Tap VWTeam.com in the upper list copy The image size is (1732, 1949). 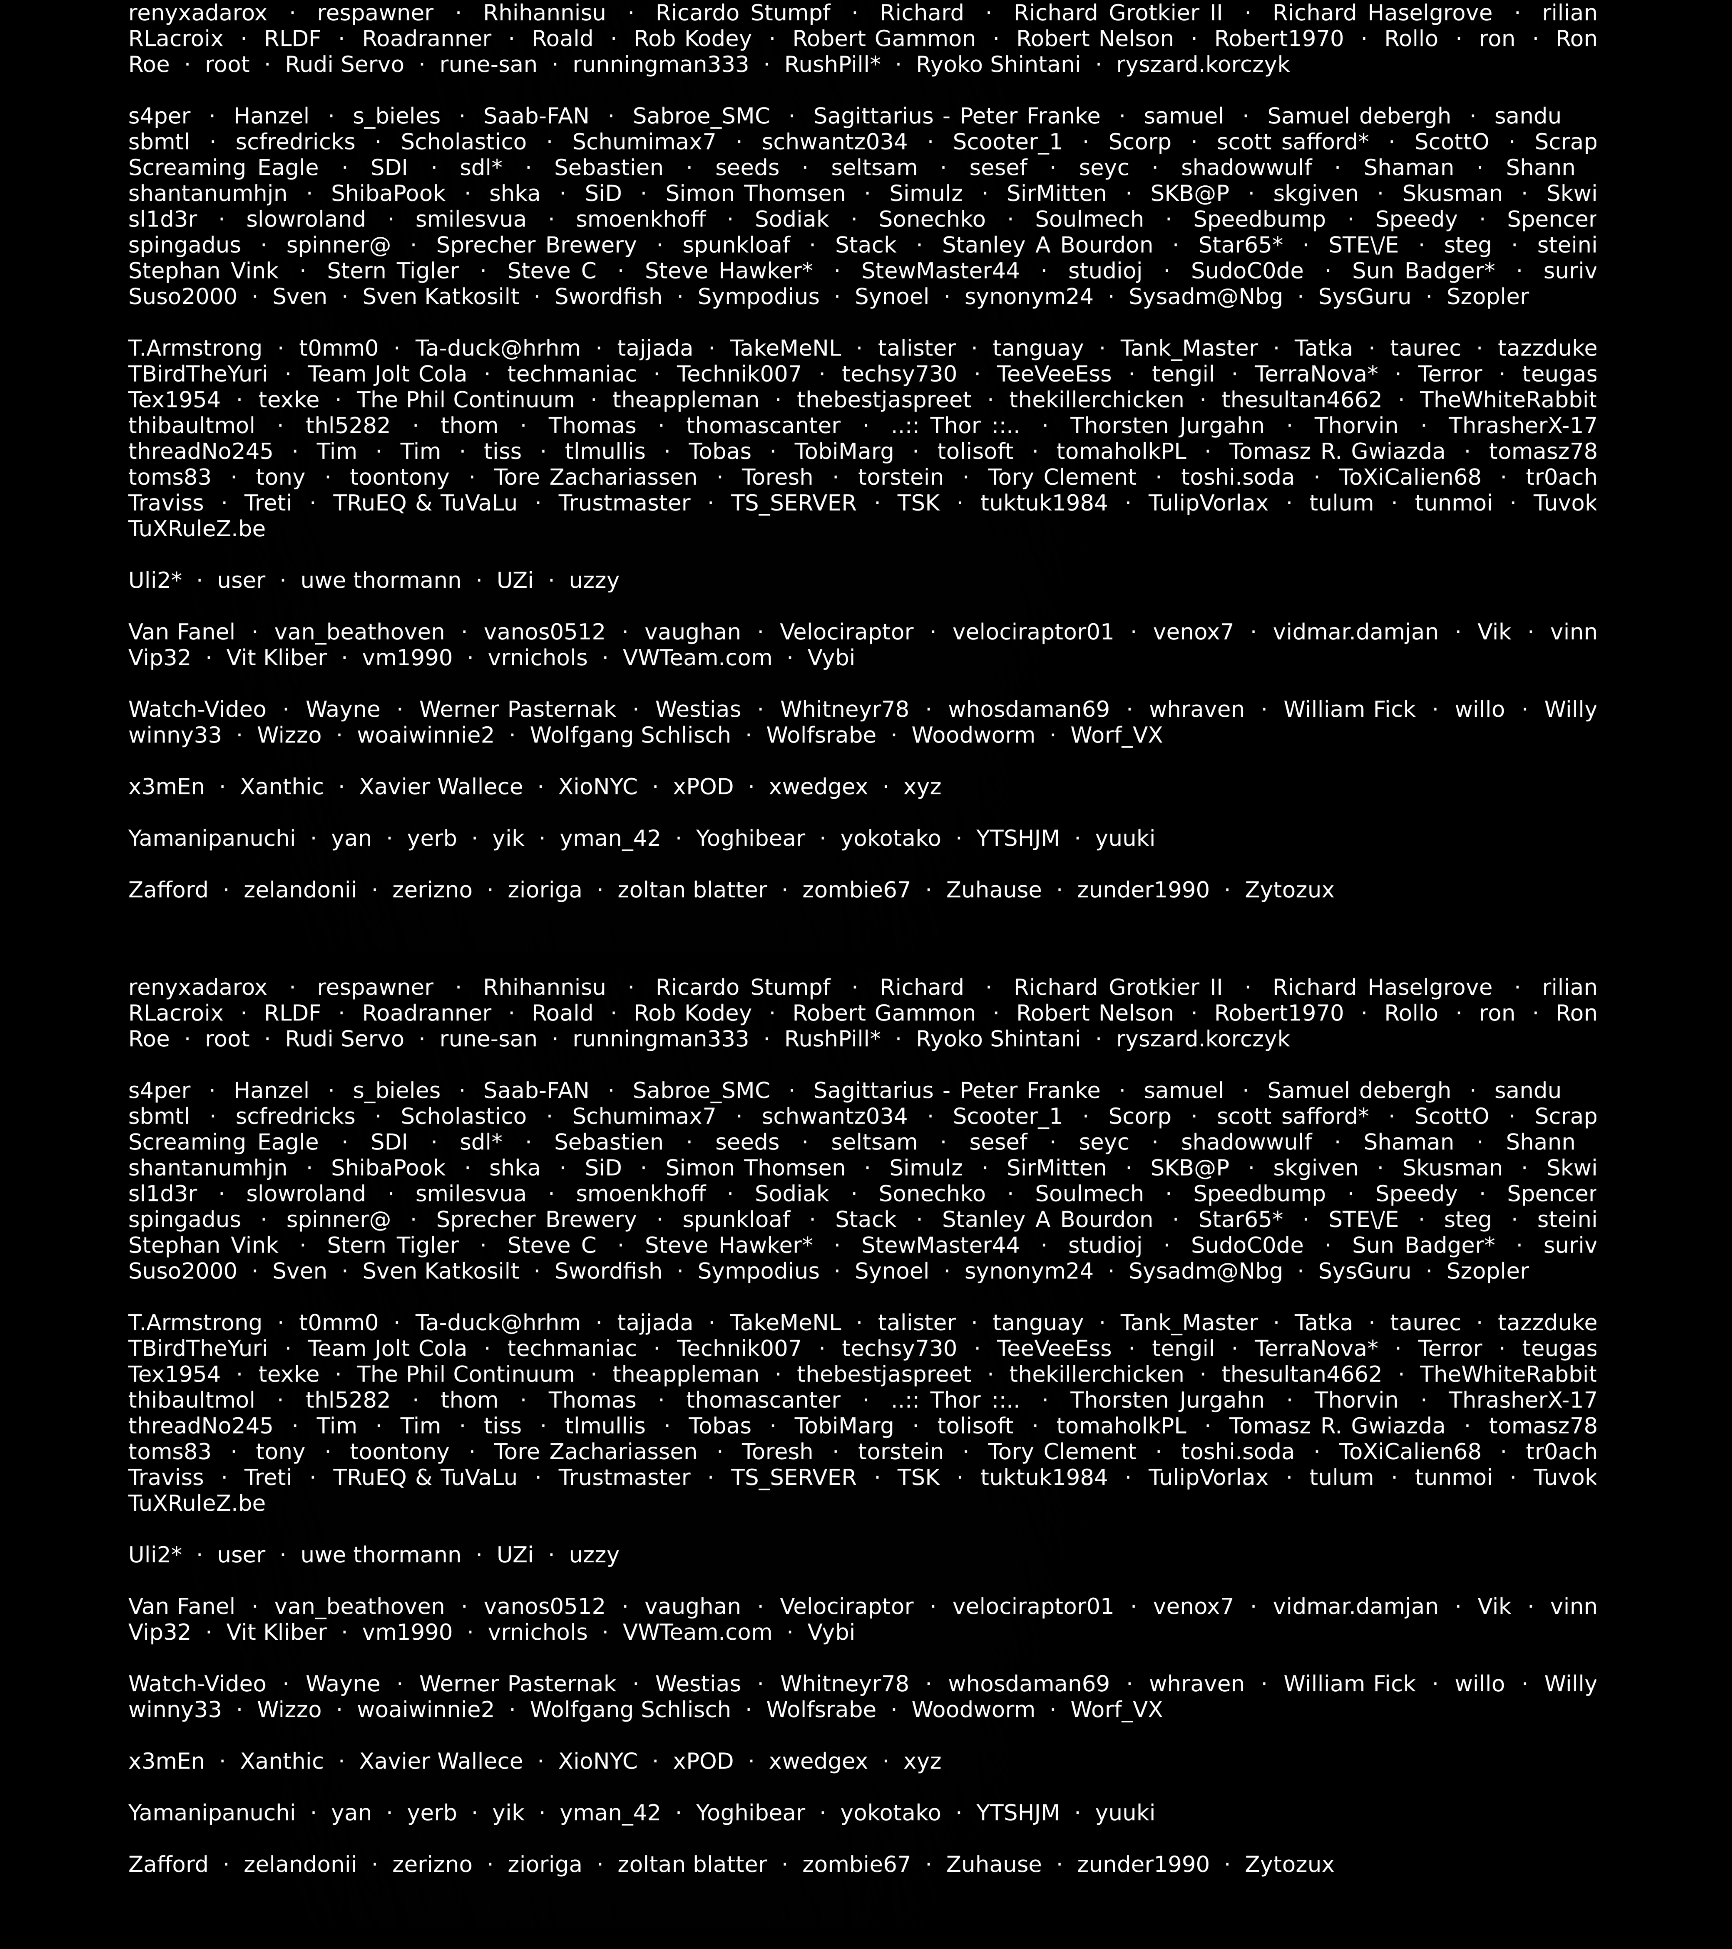point(697,659)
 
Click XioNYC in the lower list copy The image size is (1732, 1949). point(598,1762)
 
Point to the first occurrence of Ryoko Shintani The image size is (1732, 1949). point(998,66)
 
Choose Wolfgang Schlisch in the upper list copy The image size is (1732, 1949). point(630,736)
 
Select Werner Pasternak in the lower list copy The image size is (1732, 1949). point(517,1685)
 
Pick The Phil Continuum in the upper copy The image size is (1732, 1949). point(465,401)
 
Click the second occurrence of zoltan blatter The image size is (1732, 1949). point(692,1865)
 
